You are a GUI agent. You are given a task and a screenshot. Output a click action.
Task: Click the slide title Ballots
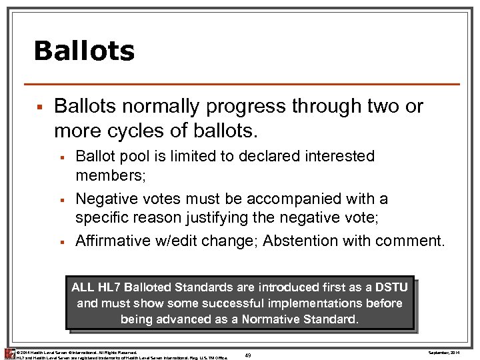coord(84,51)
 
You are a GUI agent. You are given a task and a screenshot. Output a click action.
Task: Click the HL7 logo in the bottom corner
coord(9,353)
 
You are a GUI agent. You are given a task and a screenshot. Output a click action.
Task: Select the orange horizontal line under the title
coord(241,84)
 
